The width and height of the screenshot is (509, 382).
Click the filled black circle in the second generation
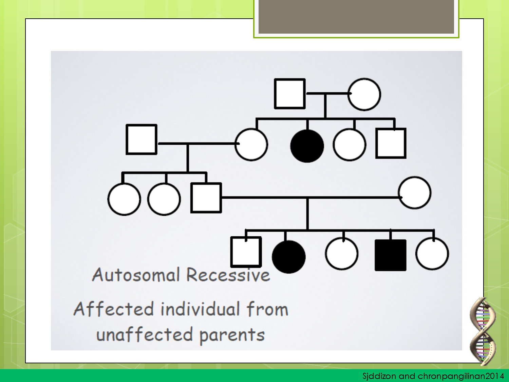[x=307, y=146]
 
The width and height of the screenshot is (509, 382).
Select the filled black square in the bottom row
[x=391, y=255]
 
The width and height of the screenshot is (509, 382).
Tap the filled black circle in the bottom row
[x=288, y=257]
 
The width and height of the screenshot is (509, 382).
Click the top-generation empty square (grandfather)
[x=290, y=94]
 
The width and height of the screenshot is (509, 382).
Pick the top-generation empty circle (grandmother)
[x=364, y=94]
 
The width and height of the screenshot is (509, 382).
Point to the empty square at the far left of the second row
[x=142, y=140]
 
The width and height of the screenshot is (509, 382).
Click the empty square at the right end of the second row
[x=391, y=143]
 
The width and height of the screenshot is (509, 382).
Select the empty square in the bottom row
[x=246, y=252]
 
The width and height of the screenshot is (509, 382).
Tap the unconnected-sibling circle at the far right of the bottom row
[x=432, y=254]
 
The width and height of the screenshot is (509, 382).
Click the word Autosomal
[x=136, y=274]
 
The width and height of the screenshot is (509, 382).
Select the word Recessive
[x=228, y=275]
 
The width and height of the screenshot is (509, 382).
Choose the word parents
[x=232, y=336]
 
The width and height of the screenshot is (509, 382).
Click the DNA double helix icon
[x=483, y=332]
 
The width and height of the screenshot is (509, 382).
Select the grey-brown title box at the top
[x=356, y=17]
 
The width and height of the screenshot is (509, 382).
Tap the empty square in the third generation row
[x=206, y=198]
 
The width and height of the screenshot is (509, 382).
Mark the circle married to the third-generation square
[x=415, y=193]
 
